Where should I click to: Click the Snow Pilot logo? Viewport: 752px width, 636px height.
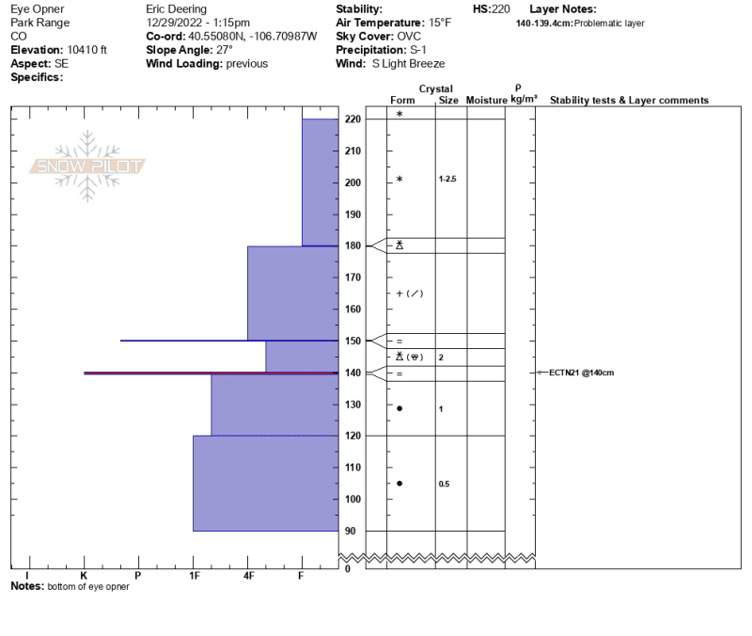87,167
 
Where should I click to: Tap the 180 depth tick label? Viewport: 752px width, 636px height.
352,246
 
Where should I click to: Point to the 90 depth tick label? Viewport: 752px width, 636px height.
350,531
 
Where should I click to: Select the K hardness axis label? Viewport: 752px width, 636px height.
84,575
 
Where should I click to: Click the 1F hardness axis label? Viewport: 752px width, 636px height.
195,575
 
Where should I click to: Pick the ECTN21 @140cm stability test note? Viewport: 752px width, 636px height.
581,373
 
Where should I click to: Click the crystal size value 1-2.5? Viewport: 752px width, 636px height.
447,179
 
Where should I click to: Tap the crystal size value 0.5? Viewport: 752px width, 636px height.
444,484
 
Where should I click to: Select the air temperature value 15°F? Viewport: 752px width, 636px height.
440,23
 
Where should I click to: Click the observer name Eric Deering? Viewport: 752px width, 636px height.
176,9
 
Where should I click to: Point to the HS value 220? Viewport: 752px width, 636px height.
501,9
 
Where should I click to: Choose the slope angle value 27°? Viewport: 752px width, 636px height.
225,50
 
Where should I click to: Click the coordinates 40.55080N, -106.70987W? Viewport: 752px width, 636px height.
252,37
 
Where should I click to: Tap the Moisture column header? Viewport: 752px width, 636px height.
486,100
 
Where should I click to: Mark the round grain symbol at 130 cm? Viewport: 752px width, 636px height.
399,408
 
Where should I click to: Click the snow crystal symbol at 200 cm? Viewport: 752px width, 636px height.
399,179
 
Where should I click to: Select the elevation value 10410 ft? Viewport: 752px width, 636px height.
86,50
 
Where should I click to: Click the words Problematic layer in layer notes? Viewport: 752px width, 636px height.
609,23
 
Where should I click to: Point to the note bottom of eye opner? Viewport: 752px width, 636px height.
88,586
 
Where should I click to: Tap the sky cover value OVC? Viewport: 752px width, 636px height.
409,37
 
